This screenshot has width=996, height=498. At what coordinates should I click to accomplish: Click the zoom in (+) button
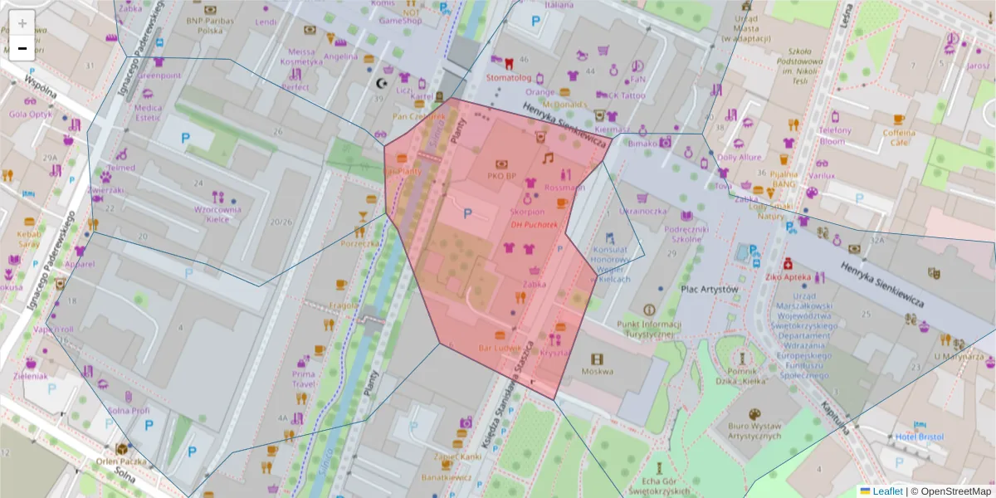coord(22,23)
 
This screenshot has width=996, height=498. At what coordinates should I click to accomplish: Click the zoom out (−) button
coord(22,48)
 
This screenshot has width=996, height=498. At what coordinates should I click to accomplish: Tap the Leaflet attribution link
coord(886,491)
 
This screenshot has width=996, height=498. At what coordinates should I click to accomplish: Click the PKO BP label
coord(501,176)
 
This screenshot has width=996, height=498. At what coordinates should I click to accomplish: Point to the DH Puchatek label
coord(535,224)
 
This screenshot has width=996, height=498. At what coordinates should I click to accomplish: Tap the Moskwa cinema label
coord(597,371)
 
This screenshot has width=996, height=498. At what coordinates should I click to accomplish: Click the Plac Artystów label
coord(709,289)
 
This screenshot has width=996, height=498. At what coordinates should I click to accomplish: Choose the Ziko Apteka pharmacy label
coord(788,276)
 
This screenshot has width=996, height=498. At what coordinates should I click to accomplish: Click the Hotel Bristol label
coord(920,437)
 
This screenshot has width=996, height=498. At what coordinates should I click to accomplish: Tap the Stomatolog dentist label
coord(508,77)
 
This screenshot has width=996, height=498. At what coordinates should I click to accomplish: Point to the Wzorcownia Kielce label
coord(218,209)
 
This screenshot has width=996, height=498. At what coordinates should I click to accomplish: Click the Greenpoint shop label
coord(159,75)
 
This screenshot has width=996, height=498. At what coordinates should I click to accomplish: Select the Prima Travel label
coord(303,378)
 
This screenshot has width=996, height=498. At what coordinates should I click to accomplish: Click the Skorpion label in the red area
coord(528,212)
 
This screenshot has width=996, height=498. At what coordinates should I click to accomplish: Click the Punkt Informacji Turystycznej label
coord(649,329)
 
